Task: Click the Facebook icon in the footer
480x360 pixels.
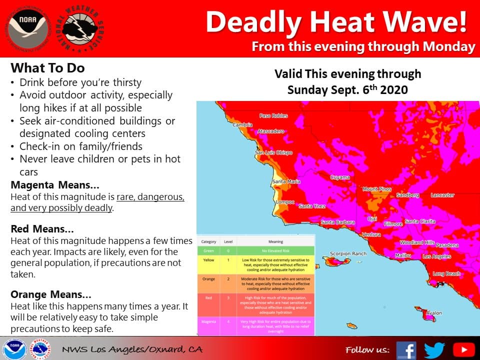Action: [x=406, y=349]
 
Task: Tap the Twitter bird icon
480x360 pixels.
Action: [x=434, y=349]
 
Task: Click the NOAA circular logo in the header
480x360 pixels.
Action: [x=28, y=27]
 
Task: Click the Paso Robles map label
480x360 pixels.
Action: [x=273, y=115]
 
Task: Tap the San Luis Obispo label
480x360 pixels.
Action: [x=273, y=152]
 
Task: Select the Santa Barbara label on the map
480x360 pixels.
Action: [x=338, y=222]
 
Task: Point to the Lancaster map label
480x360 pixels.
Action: [x=442, y=195]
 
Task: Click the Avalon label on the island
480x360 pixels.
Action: [x=433, y=313]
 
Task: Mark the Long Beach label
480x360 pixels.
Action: [x=446, y=273]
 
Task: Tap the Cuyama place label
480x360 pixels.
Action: [x=340, y=177]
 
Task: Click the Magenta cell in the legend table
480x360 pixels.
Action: [x=208, y=322]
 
